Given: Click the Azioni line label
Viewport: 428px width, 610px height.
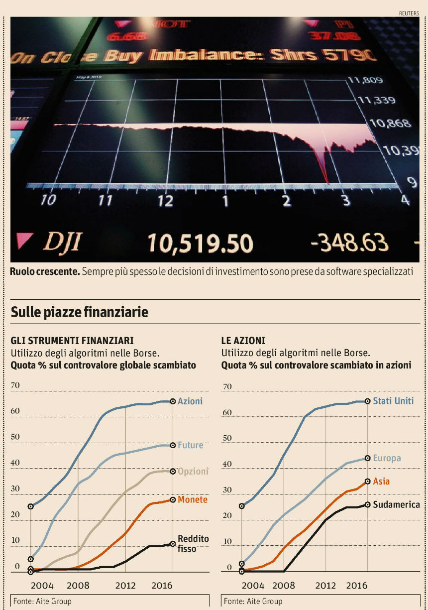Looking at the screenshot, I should (190, 401).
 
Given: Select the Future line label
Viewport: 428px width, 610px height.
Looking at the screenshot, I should (191, 445).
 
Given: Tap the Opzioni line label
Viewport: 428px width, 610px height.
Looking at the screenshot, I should (193, 471).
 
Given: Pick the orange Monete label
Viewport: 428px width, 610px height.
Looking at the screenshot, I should (192, 499).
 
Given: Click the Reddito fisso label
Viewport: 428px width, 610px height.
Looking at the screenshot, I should (193, 544).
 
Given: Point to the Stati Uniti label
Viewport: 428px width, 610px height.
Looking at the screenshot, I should (393, 401).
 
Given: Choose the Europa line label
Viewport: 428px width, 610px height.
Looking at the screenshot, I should (387, 458).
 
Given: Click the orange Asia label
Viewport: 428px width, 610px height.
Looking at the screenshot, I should (381, 482).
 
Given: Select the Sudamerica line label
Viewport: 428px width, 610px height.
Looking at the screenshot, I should (396, 504).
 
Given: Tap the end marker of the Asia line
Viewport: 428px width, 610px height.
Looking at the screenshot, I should (367, 482).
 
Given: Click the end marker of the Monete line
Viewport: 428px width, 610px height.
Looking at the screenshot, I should (173, 500).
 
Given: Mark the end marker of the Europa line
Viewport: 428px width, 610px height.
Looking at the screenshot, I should (367, 458).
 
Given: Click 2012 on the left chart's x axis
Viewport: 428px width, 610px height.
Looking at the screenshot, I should (125, 586).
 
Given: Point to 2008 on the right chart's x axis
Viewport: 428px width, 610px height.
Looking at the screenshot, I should (284, 586).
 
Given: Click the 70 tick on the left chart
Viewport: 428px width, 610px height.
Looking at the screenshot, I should (15, 385).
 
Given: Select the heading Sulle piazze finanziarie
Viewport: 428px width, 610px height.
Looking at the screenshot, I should (80, 312).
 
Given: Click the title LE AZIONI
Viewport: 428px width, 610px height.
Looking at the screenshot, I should (243, 341).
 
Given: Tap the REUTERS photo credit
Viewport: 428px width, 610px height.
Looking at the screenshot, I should (409, 13).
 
